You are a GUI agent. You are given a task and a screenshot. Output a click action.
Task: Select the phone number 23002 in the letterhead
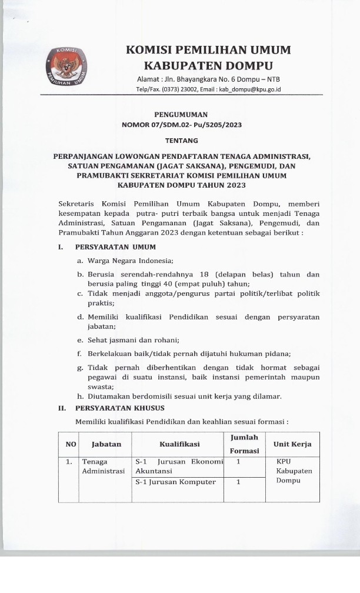pyautogui.click(x=177, y=89)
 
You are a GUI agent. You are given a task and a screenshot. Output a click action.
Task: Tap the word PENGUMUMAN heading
pyautogui.click(x=181, y=115)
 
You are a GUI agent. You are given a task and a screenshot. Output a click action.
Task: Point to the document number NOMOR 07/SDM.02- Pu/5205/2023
pyautogui.click(x=181, y=125)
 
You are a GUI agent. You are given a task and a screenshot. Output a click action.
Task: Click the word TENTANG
pyautogui.click(x=181, y=141)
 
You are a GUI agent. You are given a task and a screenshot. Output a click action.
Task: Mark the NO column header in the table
pyautogui.click(x=69, y=444)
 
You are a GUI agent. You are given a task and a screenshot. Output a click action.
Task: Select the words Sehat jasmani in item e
pyautogui.click(x=112, y=339)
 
